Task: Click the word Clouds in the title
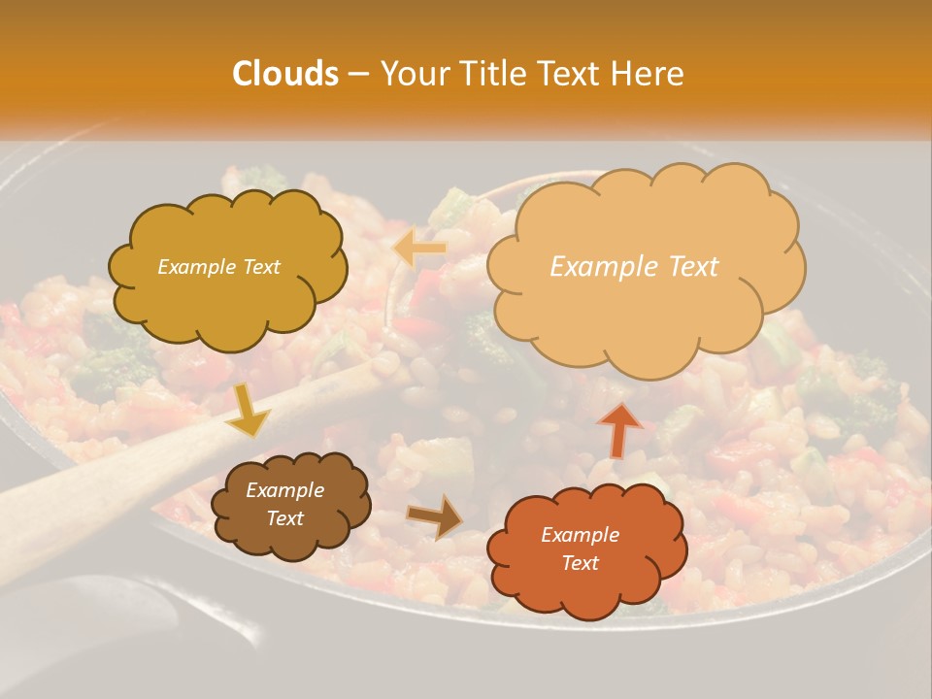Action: click(285, 74)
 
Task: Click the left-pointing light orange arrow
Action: click(419, 249)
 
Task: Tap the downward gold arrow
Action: click(248, 411)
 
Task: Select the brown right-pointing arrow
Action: click(435, 516)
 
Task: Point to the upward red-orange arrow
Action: click(619, 429)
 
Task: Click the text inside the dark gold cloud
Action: click(218, 267)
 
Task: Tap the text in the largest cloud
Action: click(634, 267)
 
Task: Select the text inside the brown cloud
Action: click(284, 505)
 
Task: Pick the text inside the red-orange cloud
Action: click(580, 549)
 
